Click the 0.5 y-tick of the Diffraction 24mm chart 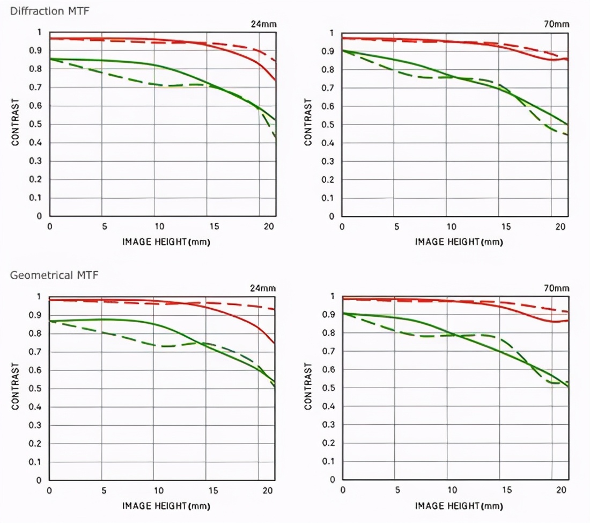coord(39,125)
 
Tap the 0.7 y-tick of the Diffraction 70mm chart coord(331,88)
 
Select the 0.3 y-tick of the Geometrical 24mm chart coord(39,425)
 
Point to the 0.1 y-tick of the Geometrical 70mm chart coord(331,462)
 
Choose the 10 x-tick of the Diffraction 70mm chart coord(452,227)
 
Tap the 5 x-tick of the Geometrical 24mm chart coord(102,491)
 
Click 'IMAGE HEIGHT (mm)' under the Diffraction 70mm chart coord(459,242)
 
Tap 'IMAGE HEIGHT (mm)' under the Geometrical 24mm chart coord(166,506)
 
